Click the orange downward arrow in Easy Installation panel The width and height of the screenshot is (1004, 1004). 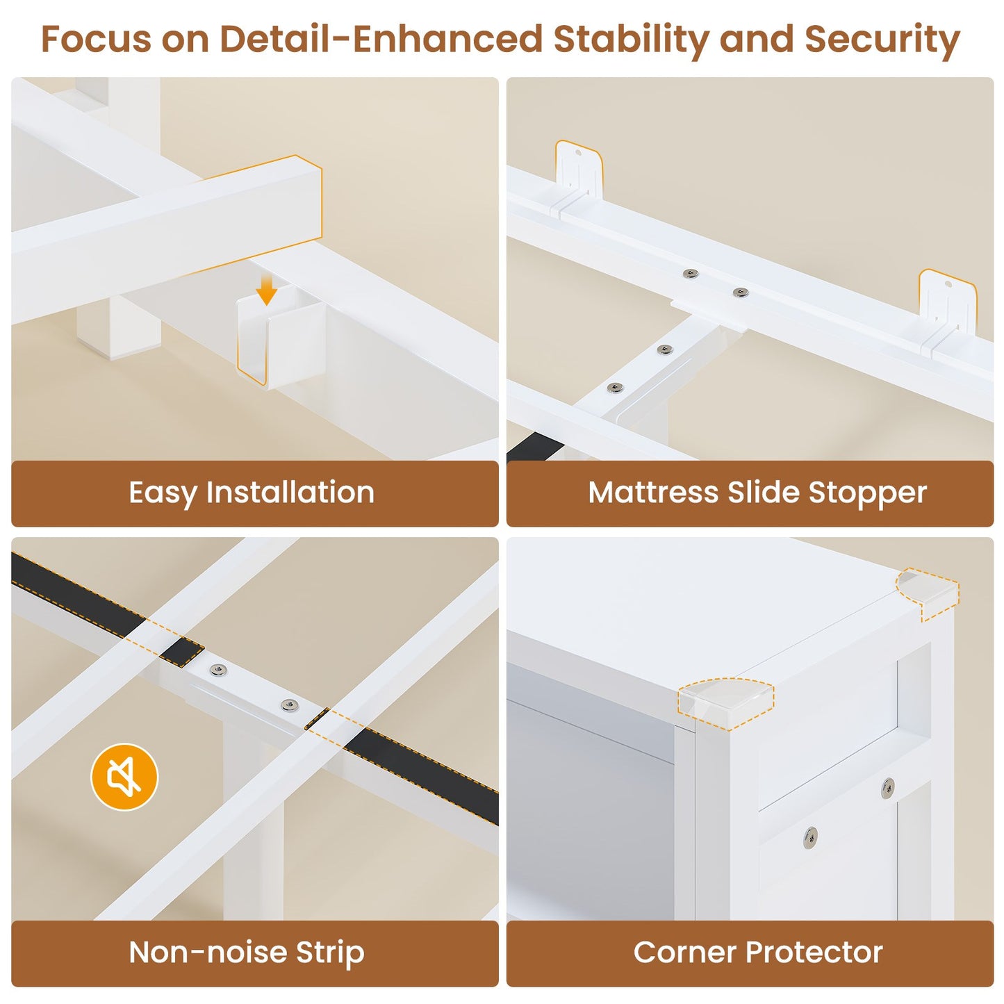point(266,290)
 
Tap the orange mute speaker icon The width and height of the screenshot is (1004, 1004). point(124,777)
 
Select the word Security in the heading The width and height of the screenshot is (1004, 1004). point(882,40)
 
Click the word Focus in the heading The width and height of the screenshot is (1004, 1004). point(97,40)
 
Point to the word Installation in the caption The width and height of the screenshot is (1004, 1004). point(290,493)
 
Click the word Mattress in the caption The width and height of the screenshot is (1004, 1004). point(653,493)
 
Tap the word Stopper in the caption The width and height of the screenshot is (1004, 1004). point(868,494)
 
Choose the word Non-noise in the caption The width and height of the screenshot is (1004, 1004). point(207,953)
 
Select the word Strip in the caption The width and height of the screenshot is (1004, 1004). point(330,953)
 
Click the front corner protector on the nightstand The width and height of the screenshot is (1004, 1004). point(726,703)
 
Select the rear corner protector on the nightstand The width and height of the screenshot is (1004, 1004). point(928,592)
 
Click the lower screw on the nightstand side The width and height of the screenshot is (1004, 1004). point(809,837)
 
